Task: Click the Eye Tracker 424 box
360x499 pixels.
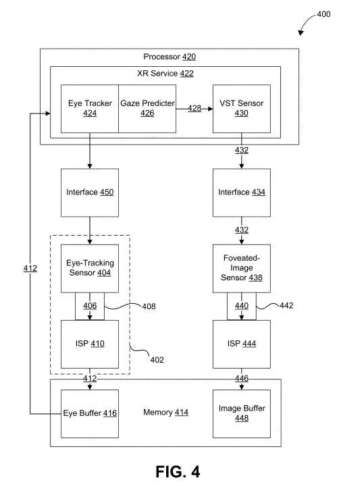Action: (90, 109)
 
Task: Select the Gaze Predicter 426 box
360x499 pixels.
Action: (147, 109)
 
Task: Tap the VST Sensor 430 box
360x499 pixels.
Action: (242, 109)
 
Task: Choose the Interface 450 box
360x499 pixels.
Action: (90, 192)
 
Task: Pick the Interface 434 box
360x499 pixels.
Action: (242, 192)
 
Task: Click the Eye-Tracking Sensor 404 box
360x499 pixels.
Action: (90, 268)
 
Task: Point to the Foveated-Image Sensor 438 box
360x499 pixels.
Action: (242, 268)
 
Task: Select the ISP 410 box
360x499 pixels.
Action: (90, 344)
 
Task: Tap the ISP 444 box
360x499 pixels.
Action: (242, 344)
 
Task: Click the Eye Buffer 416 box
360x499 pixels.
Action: (90, 414)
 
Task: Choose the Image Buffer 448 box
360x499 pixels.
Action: (242, 414)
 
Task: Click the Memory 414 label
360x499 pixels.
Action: (166, 413)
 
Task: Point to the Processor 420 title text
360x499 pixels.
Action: (170, 57)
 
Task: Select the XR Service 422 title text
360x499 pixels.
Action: (165, 74)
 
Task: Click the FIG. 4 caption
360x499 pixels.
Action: (178, 471)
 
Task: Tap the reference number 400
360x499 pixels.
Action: (324, 14)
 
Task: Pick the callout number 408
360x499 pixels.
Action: (149, 307)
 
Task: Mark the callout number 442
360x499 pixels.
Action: (286, 305)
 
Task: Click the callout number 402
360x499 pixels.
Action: (157, 360)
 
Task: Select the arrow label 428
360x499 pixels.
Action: (194, 108)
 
